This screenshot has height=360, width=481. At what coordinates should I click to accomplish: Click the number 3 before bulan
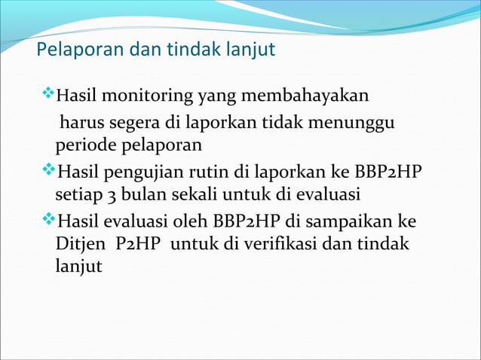coord(109,195)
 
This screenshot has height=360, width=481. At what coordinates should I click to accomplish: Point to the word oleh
coord(191,221)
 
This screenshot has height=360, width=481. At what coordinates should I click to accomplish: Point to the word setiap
coord(77,195)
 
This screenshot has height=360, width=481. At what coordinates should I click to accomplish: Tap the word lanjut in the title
coord(251,52)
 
